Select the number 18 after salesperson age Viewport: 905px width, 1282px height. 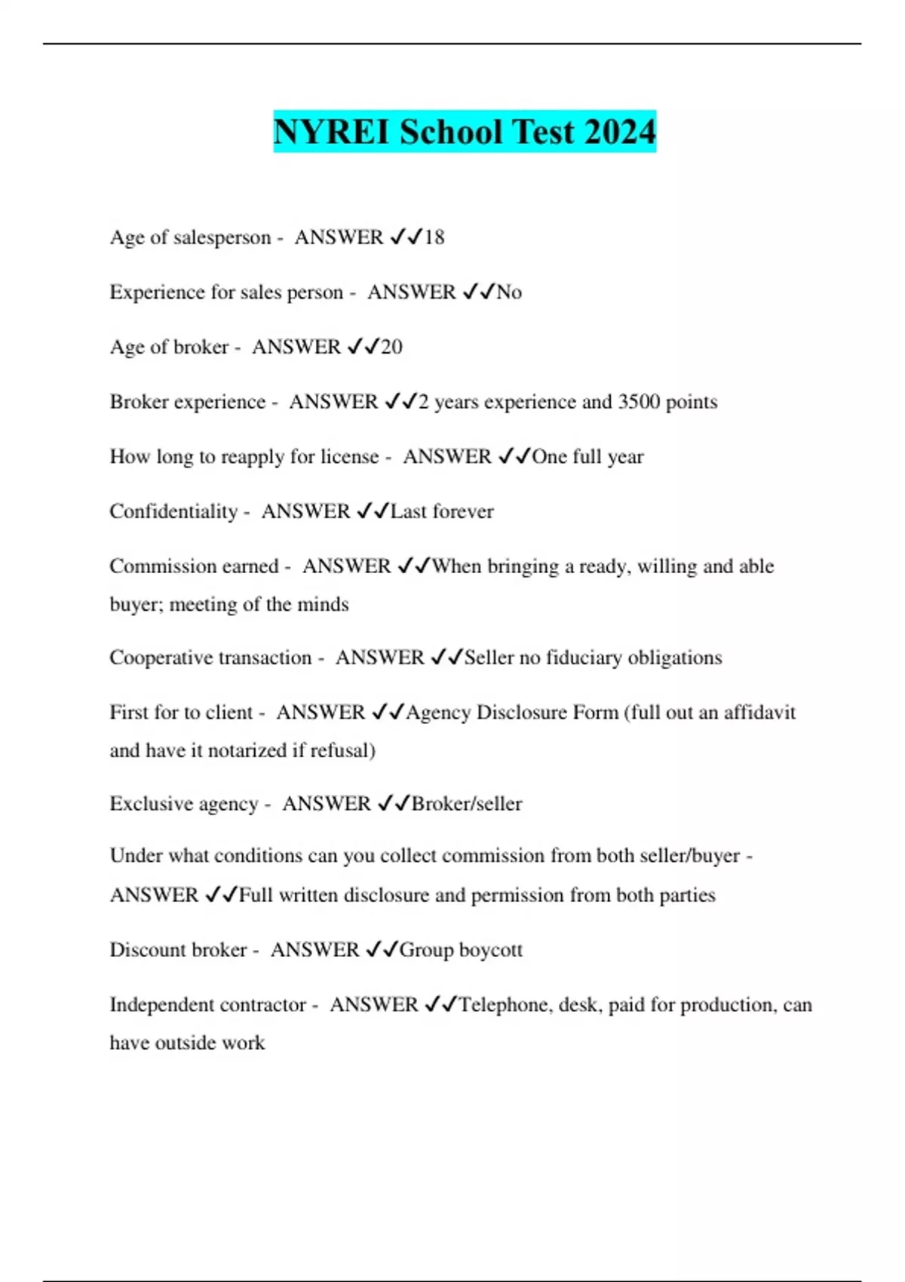click(434, 238)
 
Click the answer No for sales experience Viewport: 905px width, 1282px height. click(509, 293)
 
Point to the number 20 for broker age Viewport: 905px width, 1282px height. click(391, 347)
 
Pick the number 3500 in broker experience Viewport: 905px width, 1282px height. click(639, 402)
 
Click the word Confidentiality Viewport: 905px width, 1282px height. click(173, 512)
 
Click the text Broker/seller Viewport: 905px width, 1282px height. click(467, 804)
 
